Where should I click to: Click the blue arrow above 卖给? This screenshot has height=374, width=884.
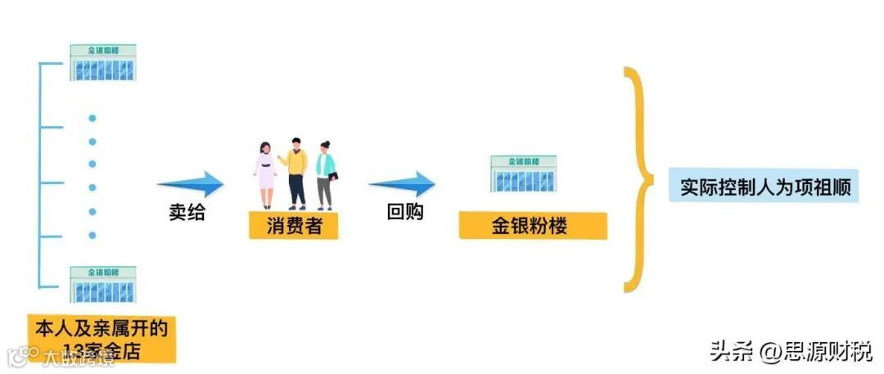[190, 184]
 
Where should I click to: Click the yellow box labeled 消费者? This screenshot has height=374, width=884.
[294, 225]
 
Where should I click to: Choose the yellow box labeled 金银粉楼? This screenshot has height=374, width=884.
[533, 226]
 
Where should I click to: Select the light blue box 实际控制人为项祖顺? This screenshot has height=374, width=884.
[764, 187]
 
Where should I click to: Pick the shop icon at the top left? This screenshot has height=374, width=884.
[102, 62]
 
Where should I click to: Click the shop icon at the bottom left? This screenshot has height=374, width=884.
[102, 284]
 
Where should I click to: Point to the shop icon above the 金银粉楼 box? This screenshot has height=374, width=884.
[523, 173]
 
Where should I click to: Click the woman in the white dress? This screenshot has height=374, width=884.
[265, 175]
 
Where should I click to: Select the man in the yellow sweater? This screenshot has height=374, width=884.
[295, 172]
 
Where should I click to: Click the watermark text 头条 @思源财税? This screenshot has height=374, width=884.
[791, 351]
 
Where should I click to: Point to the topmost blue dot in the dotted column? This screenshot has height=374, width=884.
[92, 118]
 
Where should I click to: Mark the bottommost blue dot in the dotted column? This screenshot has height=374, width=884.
[92, 236]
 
